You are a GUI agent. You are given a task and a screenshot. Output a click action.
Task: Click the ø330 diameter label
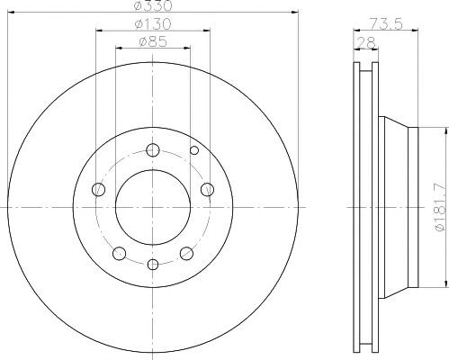click(x=153, y=5)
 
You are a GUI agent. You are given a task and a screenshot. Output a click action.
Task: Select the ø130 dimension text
click(x=153, y=23)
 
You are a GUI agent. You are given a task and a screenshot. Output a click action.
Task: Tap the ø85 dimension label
click(x=153, y=41)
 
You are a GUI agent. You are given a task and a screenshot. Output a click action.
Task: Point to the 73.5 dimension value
click(x=385, y=23)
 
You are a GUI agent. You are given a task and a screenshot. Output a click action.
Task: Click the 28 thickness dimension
click(x=365, y=42)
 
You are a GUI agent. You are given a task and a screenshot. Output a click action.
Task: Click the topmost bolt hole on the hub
click(x=153, y=150)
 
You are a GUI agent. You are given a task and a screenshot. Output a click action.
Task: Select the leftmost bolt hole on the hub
click(x=99, y=190)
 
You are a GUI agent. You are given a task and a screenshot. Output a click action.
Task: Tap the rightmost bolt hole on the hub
click(x=207, y=190)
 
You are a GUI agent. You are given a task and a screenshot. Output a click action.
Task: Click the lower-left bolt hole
click(x=120, y=254)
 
